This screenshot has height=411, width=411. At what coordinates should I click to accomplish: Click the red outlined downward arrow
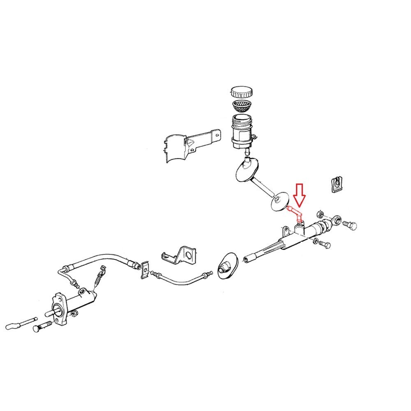(x=299, y=196)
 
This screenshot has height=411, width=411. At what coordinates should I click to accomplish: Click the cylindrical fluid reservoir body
(x=240, y=131)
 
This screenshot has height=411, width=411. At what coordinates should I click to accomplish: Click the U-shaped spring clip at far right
(x=336, y=185)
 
